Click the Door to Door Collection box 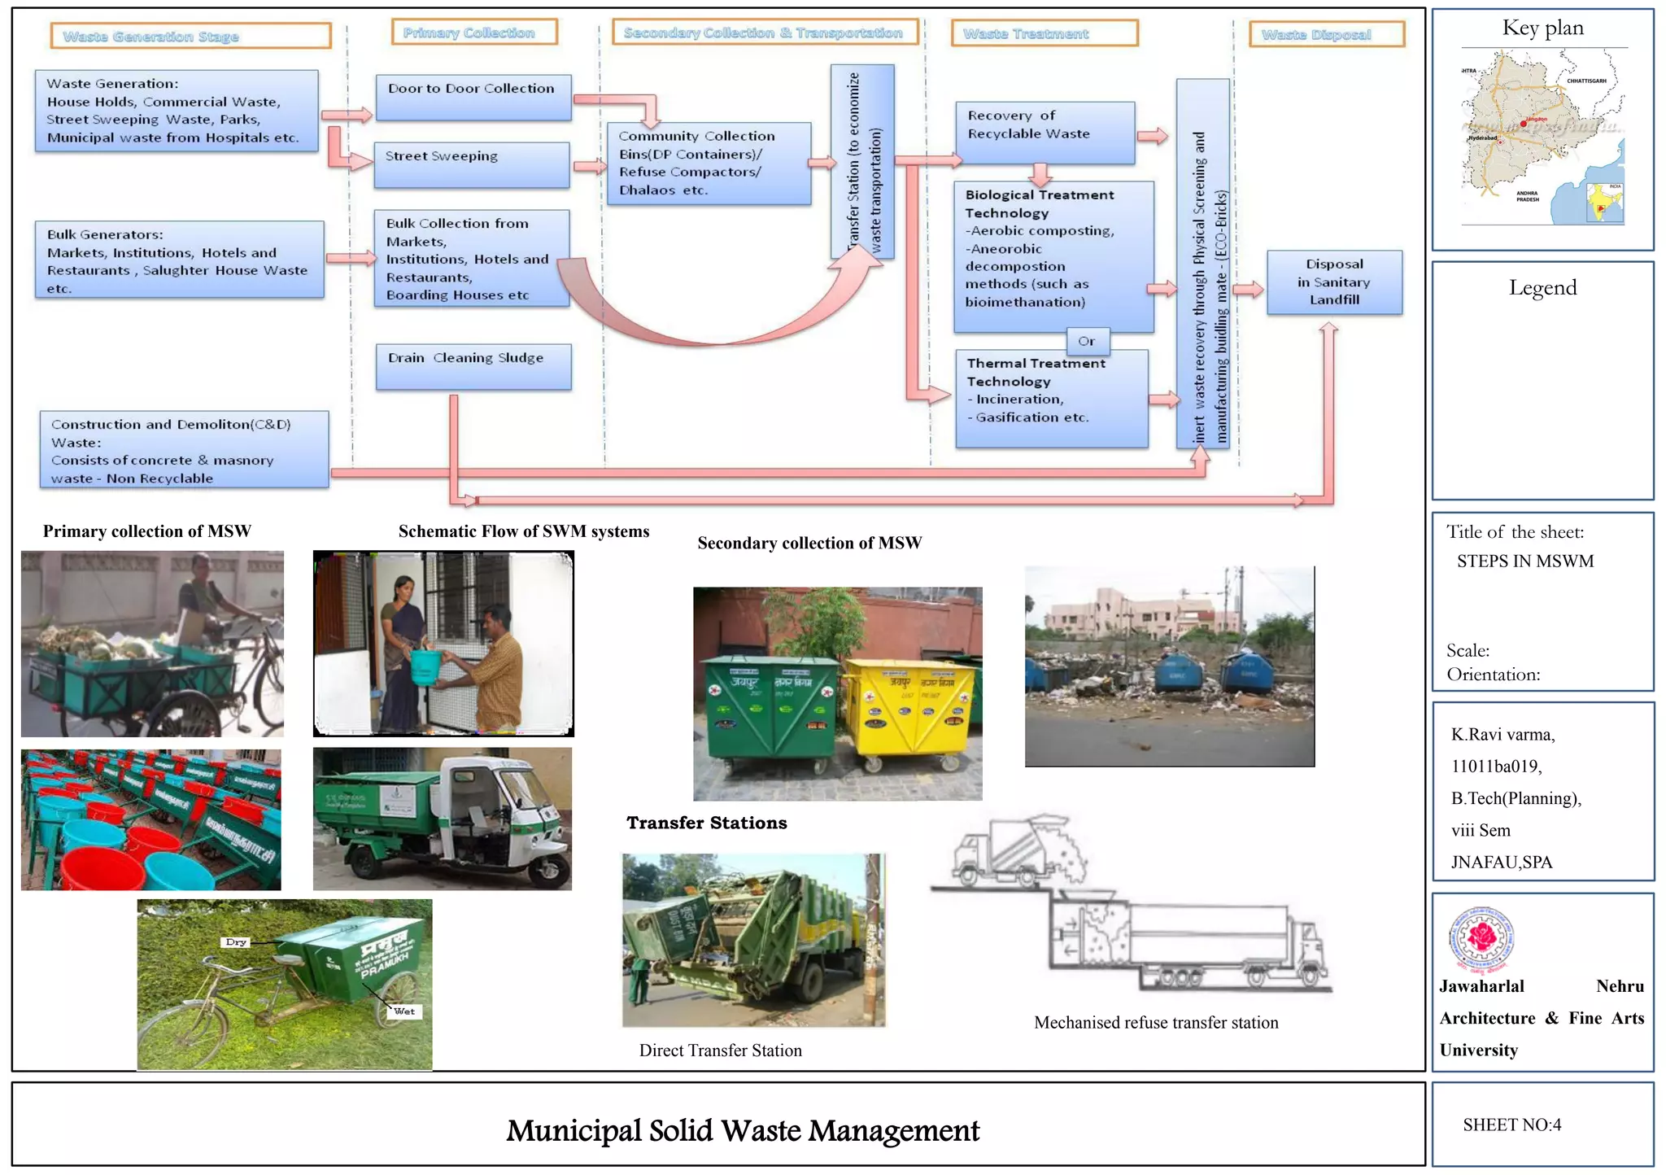(473, 98)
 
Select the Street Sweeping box (471, 164)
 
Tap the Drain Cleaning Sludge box (473, 366)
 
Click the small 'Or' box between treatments (1087, 341)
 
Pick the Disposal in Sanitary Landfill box (1334, 282)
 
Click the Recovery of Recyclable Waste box (1045, 132)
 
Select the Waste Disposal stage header (1326, 34)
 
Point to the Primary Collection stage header (473, 33)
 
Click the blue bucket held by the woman (425, 666)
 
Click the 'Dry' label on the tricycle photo (236, 941)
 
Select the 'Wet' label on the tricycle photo (404, 1011)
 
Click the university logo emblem (1482, 939)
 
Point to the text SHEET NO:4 (1511, 1125)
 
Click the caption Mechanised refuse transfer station (1155, 1023)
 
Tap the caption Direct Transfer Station (720, 1051)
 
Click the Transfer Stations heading (706, 823)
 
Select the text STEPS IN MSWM (1524, 561)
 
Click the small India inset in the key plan (1604, 203)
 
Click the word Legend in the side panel (1542, 287)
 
